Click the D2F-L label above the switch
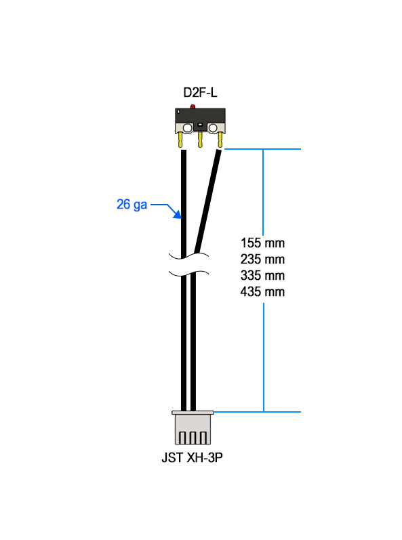(x=200, y=93)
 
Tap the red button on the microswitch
(x=193, y=106)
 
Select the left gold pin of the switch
(x=180, y=140)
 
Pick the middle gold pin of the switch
(x=200, y=140)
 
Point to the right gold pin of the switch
(x=220, y=140)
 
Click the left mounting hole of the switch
(x=187, y=129)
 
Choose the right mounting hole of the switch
(x=213, y=129)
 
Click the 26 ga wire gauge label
(x=132, y=205)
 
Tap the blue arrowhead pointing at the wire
(x=177, y=214)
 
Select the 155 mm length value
(x=262, y=243)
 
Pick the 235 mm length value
(x=262, y=259)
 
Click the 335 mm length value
(x=262, y=276)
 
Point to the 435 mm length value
(x=262, y=292)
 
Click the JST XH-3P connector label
(x=193, y=458)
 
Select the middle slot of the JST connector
(x=193, y=438)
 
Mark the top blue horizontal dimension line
(x=262, y=149)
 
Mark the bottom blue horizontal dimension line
(x=258, y=412)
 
